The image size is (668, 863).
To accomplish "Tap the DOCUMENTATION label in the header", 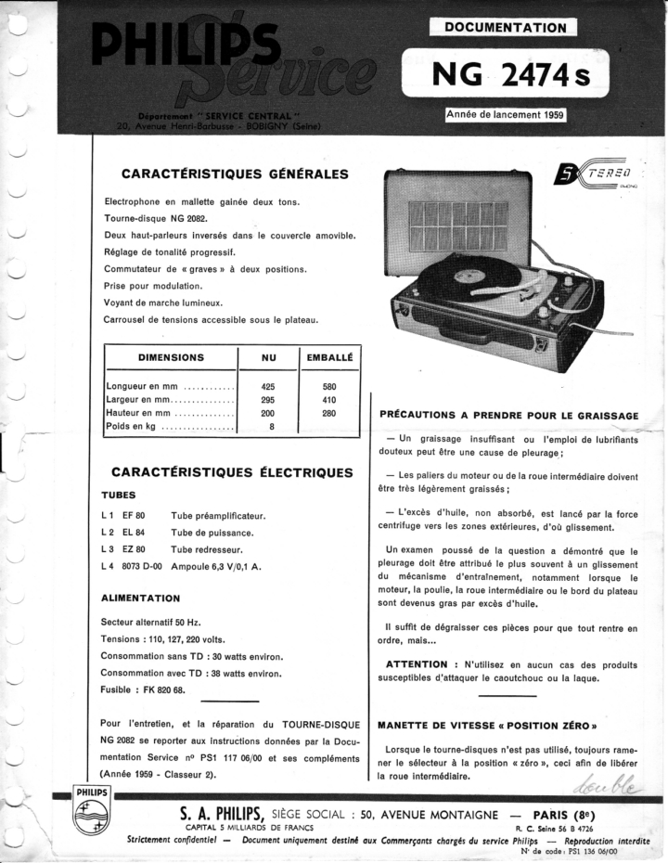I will tap(505, 28).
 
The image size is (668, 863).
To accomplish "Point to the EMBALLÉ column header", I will tap(329, 357).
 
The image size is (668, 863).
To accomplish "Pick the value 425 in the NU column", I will tap(268, 386).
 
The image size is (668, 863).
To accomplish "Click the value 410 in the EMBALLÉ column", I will tap(329, 400).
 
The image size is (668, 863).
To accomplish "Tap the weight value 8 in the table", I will tap(271, 427).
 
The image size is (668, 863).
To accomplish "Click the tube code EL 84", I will tap(134, 533).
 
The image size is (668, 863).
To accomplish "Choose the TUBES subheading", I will tap(119, 495).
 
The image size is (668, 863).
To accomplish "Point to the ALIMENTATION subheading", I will tap(140, 598).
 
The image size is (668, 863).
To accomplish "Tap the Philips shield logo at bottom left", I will tap(93, 817).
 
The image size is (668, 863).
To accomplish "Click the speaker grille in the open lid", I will tap(458, 225).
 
